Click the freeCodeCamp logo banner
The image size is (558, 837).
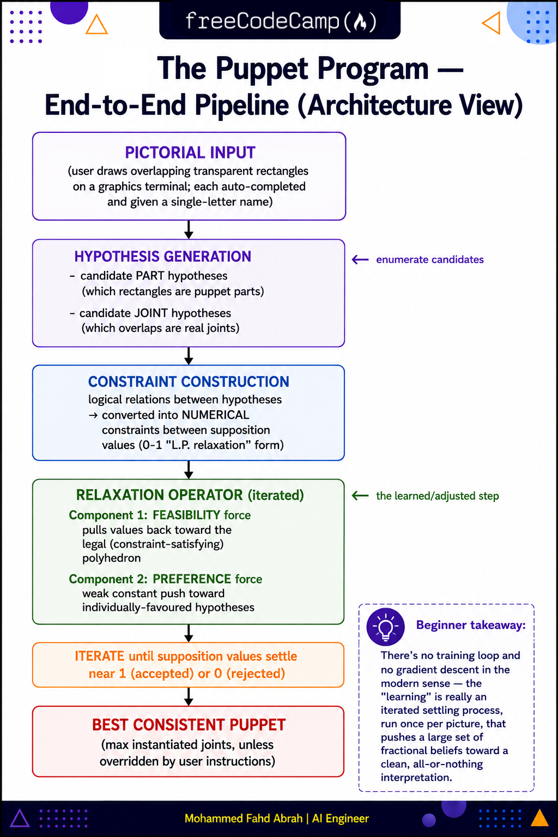(280, 20)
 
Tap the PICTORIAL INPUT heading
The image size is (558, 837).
(190, 153)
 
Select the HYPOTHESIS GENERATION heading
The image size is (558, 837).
(162, 256)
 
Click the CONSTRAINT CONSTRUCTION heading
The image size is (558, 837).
(189, 381)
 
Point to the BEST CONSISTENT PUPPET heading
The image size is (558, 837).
(189, 725)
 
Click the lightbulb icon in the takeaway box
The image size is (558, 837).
(385, 627)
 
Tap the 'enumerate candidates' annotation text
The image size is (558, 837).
(430, 260)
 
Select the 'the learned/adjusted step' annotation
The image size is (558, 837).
(437, 496)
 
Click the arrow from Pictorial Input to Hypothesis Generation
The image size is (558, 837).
(189, 229)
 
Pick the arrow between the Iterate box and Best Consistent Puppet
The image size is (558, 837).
(189, 696)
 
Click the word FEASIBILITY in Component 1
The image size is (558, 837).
(186, 515)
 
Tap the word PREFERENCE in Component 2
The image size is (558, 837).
(192, 579)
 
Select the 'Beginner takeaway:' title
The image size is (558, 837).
(471, 625)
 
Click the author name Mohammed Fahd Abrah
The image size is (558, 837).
(243, 818)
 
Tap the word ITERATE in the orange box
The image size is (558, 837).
(99, 656)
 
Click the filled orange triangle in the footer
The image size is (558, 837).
(539, 817)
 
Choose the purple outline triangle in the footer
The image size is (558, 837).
(20, 818)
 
